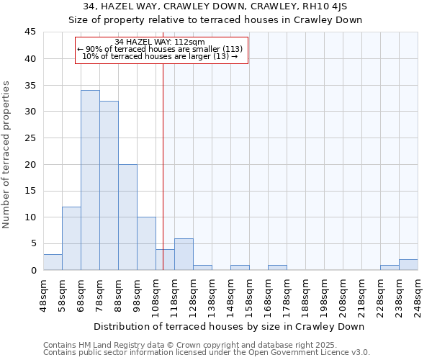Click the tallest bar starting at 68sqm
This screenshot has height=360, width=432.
(90, 180)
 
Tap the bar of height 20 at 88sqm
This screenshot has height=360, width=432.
(127, 217)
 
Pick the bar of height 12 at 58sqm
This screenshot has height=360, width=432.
(71, 238)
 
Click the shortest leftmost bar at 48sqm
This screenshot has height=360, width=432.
(53, 262)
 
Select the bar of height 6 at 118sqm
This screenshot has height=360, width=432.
(184, 254)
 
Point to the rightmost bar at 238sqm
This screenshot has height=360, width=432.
(408, 264)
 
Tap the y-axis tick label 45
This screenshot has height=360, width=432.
(30, 32)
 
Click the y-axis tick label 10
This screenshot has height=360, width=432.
(30, 217)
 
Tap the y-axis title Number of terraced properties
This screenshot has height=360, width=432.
(7, 155)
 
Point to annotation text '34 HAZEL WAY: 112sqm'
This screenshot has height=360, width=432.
(160, 42)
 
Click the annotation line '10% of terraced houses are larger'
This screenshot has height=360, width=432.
(160, 56)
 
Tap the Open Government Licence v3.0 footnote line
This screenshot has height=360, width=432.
(207, 353)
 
